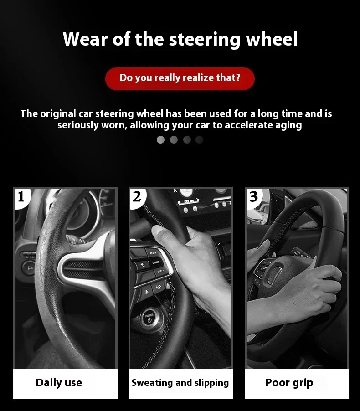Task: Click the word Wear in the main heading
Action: pyautogui.click(x=85, y=39)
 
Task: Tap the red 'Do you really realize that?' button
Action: pyautogui.click(x=180, y=78)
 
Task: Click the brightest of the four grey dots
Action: pyautogui.click(x=160, y=139)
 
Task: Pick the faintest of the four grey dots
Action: pyautogui.click(x=199, y=139)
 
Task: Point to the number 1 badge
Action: pyautogui.click(x=21, y=197)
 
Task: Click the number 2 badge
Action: pyautogui.click(x=138, y=197)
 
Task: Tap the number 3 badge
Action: pyautogui.click(x=253, y=197)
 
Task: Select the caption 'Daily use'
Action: pyautogui.click(x=59, y=383)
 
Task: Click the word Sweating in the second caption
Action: pyautogui.click(x=152, y=383)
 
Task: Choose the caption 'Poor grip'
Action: pyautogui.click(x=289, y=383)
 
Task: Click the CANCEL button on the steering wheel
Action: pyautogui.click(x=156, y=263)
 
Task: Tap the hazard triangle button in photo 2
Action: pyautogui.click(x=147, y=292)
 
